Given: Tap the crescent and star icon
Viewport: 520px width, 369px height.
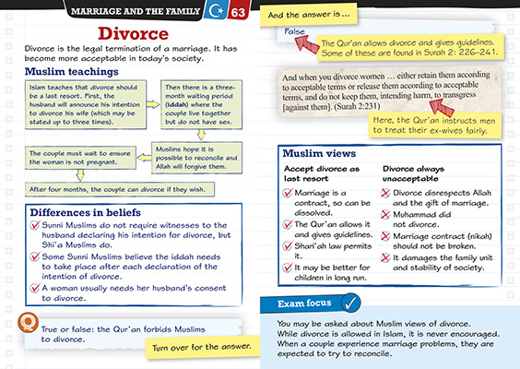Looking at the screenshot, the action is [215, 12].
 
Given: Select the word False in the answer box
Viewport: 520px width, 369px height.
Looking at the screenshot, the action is [295, 32].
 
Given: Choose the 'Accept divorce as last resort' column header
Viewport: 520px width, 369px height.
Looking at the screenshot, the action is [322, 175].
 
